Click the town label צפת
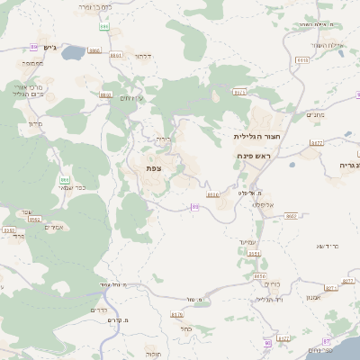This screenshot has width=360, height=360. [x=154, y=168]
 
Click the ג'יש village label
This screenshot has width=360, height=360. [x=49, y=47]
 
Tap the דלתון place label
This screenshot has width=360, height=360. [x=143, y=57]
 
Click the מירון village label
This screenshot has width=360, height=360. [x=36, y=122]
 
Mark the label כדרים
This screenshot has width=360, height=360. [x=100, y=310]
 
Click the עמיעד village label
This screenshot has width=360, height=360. [x=248, y=243]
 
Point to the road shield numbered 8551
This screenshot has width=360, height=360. [x=254, y=254]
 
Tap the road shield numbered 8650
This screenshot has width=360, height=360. [x=260, y=276]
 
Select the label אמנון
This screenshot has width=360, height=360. [x=314, y=297]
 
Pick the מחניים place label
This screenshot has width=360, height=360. [x=315, y=114]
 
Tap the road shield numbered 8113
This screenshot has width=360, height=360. [x=302, y=60]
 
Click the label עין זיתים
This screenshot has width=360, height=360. [x=132, y=98]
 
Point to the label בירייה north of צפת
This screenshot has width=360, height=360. [x=162, y=139]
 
